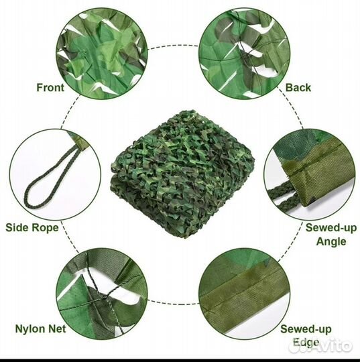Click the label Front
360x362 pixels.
(x=50, y=88)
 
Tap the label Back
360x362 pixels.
(x=298, y=88)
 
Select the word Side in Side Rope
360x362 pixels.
(x=17, y=227)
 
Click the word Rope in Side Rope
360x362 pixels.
(x=45, y=228)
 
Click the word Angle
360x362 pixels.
(x=331, y=242)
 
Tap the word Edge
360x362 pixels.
(x=306, y=343)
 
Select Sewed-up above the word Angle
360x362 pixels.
(x=331, y=228)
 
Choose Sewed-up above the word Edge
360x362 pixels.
(x=306, y=329)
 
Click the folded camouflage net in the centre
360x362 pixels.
(x=182, y=174)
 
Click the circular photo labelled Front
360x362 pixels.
(x=102, y=54)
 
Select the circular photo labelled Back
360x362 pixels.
(x=244, y=54)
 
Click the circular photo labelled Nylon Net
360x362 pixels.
(x=102, y=294)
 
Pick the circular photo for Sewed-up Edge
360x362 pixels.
(x=244, y=294)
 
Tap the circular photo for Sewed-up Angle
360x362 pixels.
(x=310, y=174)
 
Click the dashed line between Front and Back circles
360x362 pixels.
(x=173, y=46)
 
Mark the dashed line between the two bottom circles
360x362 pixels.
(x=173, y=302)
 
